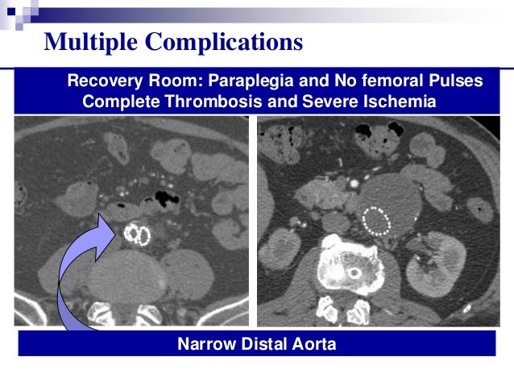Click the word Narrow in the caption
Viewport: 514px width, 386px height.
click(205, 345)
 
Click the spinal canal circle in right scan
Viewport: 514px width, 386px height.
click(353, 272)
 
